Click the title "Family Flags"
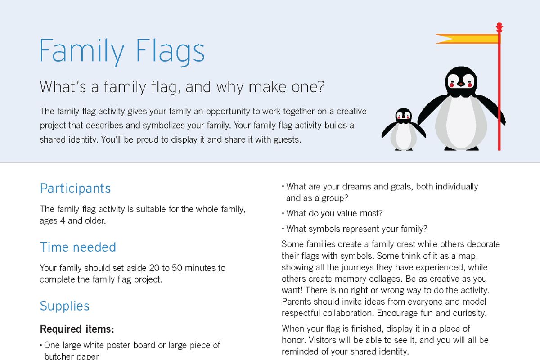122,52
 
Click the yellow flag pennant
467,39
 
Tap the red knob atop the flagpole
499,27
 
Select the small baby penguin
403,129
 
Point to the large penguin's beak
461,84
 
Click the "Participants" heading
75,188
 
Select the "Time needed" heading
78,247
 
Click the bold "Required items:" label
77,329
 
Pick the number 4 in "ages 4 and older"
63,220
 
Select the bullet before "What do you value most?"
283,214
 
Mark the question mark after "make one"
321,87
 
